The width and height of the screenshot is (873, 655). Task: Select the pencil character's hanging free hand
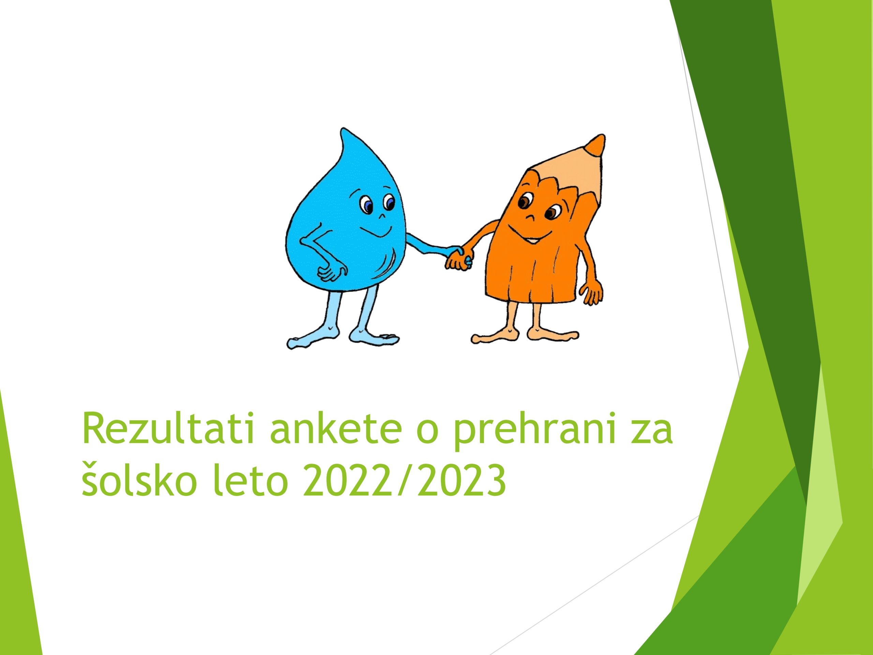coord(593,294)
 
